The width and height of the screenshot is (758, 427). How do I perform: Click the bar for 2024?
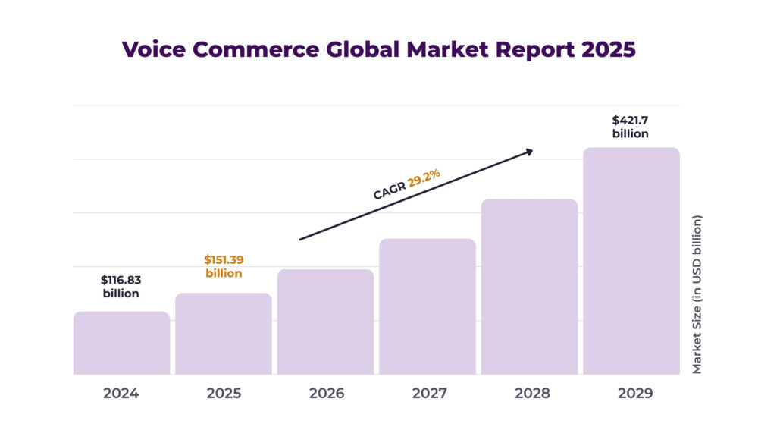pos(121,343)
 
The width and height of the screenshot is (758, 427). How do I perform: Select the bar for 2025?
pos(224,334)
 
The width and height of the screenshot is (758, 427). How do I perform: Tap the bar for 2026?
pos(325,322)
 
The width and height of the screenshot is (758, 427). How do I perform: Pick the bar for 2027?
pos(428,306)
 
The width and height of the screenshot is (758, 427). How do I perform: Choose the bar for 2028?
pos(529,287)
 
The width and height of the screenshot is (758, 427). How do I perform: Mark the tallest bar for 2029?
pos(631,261)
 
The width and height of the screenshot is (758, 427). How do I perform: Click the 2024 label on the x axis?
pos(121,394)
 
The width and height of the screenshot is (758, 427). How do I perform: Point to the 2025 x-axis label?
pos(224,394)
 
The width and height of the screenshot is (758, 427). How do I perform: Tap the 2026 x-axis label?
pos(326,394)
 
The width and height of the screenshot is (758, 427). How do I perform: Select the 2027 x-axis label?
pos(428,394)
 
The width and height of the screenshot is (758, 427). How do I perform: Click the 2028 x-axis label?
pos(529,394)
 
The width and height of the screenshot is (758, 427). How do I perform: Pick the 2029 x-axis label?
pos(631,394)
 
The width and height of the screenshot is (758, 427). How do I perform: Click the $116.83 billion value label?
pos(121,286)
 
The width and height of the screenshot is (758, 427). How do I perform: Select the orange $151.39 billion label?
pos(224,266)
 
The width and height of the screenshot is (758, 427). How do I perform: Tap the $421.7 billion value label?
pos(631,127)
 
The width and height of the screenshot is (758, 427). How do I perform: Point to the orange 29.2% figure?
pos(424,179)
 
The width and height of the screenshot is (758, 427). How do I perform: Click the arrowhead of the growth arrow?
pos(529,152)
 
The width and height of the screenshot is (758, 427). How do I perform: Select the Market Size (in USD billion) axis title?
pos(697,294)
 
